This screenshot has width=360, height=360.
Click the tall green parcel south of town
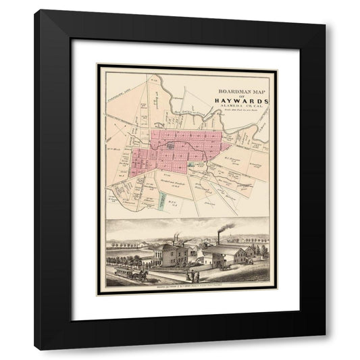tap(163, 201)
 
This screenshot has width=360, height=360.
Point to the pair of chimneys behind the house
tap(178, 239)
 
